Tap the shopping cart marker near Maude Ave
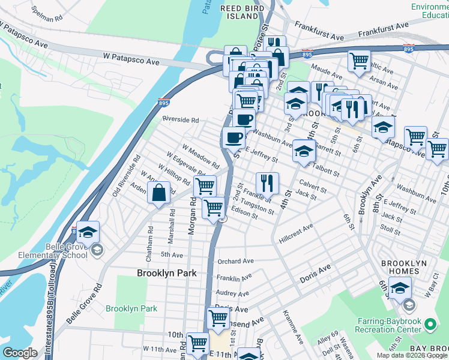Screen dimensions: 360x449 click(359, 60)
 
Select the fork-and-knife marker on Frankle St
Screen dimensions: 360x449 click(267, 182)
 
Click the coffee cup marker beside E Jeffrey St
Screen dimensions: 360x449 click(234, 137)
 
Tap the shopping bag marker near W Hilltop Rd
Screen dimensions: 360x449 click(158, 194)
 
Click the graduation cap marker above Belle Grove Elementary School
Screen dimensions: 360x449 click(88, 232)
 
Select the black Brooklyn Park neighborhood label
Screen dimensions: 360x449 click(167, 272)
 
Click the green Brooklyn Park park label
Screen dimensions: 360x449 click(131, 308)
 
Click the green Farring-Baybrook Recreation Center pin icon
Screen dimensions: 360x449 click(430, 325)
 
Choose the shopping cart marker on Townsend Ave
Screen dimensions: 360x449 click(218, 318)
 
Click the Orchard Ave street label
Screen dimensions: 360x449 click(236, 262)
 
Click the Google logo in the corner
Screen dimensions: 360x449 click(20, 353)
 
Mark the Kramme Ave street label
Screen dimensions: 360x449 click(295, 326)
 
